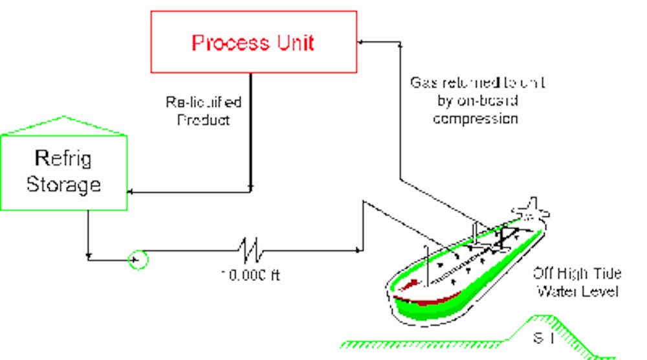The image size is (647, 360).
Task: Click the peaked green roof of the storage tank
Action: (x=63, y=126)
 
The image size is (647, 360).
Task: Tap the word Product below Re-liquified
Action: (x=203, y=120)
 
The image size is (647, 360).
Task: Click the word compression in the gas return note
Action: (x=476, y=119)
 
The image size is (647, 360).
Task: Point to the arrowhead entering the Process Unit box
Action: (x=362, y=42)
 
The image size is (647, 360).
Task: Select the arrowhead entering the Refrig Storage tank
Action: (x=132, y=192)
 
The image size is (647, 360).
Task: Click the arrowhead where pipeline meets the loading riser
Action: (x=358, y=249)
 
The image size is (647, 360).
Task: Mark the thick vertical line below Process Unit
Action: (x=251, y=129)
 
